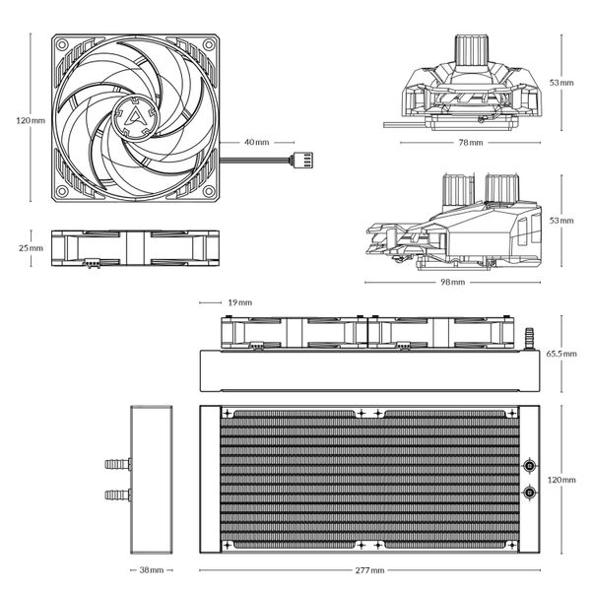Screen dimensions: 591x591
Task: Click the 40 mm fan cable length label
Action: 255,143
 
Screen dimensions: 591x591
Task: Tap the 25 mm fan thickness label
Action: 31,248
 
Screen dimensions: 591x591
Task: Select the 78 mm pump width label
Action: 470,143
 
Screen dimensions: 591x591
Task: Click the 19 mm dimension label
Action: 238,302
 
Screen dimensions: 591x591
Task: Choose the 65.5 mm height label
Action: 561,353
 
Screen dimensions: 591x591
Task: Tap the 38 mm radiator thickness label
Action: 150,570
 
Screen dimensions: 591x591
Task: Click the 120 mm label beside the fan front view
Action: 31,120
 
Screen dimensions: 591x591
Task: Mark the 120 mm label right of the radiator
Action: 560,480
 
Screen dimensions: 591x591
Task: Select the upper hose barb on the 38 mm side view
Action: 116,462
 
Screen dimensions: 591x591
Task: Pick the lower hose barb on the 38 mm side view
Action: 116,492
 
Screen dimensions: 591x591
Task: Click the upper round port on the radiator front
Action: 529,466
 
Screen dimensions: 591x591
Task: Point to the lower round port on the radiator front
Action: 529,492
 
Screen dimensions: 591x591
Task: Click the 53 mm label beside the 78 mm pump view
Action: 562,83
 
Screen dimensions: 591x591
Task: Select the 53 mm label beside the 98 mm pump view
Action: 562,221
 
